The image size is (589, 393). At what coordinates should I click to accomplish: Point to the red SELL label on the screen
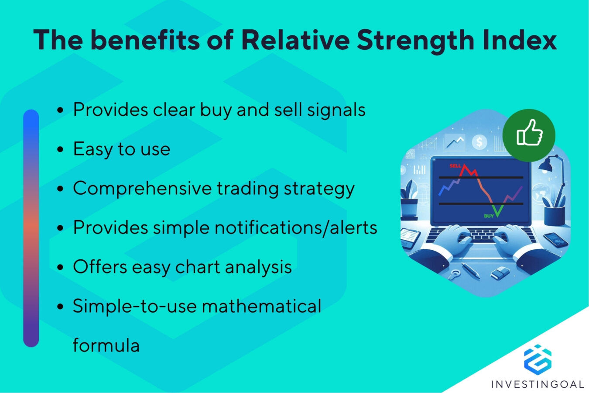[455, 166]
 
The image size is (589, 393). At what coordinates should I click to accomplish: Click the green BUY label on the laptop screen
[489, 216]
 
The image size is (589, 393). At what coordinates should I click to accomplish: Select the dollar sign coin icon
[480, 142]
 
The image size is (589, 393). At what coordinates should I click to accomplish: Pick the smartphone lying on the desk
[555, 239]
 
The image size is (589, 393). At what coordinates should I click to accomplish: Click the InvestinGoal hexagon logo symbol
[538, 359]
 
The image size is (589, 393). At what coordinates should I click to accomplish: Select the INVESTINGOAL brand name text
[538, 384]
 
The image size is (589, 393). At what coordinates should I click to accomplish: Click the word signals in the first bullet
[336, 110]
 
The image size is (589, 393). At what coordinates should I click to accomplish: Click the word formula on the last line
[106, 345]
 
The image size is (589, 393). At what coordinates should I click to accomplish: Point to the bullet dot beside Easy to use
[60, 150]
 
